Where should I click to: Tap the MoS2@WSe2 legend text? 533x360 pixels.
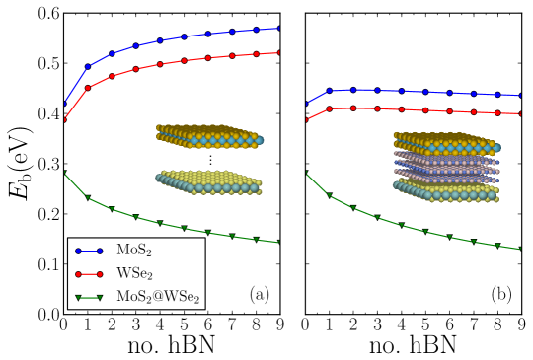coord(158,296)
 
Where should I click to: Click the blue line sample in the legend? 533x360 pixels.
coord(89,252)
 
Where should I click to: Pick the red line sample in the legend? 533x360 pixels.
coord(89,274)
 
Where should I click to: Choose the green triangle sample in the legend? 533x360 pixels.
coord(89,297)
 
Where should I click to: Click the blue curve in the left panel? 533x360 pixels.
coord(184,36)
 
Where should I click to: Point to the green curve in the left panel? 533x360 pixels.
coord(184,228)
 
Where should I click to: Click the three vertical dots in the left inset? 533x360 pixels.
coord(209,159)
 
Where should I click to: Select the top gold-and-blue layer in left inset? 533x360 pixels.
coord(207,136)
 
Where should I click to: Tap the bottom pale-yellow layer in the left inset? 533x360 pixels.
coord(207,182)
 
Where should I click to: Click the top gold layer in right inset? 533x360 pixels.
coord(444,140)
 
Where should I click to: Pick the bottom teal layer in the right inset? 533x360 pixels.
coord(444,190)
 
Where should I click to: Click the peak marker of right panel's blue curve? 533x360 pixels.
coord(352,89)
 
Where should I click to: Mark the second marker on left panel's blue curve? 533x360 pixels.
coord(88,66)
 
